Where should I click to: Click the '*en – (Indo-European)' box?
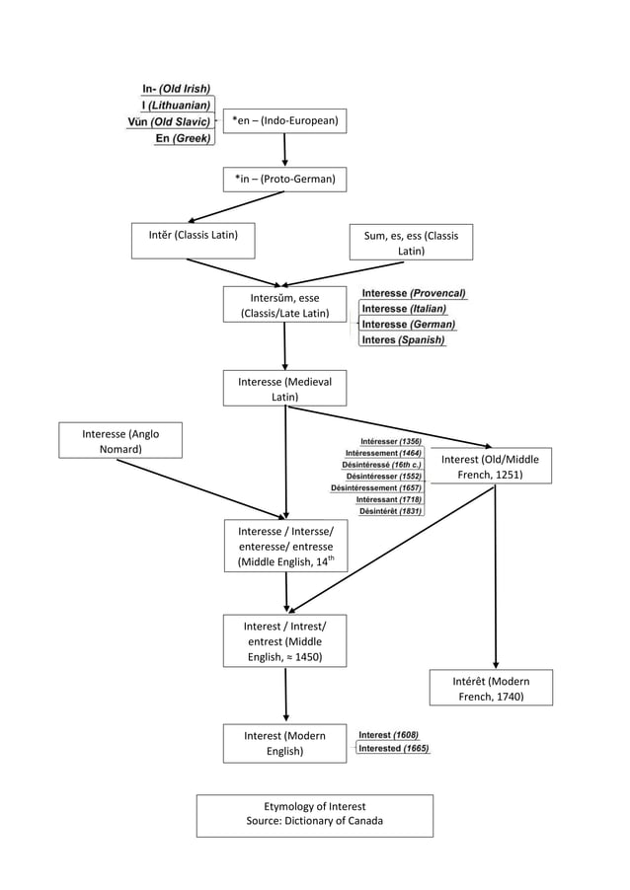[x=284, y=121]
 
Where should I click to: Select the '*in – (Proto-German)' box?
[x=284, y=179]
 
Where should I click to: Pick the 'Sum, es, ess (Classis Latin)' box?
[x=411, y=243]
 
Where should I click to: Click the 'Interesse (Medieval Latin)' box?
[x=284, y=389]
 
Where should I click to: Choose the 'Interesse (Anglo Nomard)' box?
[x=119, y=441]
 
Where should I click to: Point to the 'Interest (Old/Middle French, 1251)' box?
[x=490, y=467]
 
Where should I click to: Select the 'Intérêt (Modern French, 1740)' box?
[x=491, y=689]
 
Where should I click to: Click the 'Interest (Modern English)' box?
[x=284, y=743]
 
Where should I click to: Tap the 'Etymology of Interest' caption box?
[x=314, y=814]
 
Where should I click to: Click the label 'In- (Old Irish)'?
[x=176, y=89]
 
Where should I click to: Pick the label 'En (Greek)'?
[x=183, y=139]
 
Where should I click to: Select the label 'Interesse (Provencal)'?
[x=414, y=293]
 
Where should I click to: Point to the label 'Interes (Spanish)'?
[x=403, y=340]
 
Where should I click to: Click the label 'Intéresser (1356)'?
[x=391, y=441]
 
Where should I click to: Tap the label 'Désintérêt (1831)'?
[x=390, y=511]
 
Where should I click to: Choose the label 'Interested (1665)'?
[x=393, y=749]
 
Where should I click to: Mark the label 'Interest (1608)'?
[x=388, y=735]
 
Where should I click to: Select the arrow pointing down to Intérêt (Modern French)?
[x=495, y=582]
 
